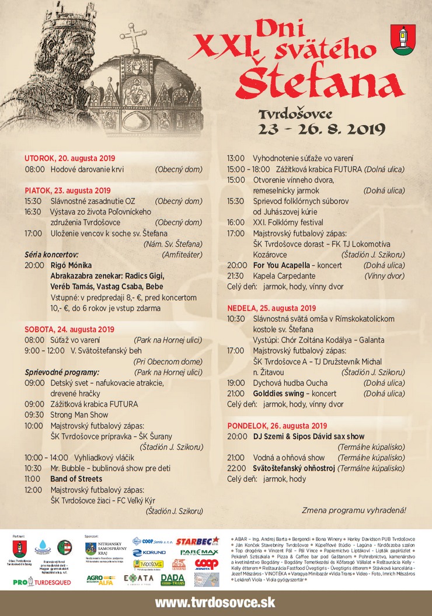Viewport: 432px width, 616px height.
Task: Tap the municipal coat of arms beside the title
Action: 403,40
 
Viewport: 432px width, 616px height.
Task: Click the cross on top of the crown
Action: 134,37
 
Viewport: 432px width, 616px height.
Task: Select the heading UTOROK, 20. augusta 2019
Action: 70,158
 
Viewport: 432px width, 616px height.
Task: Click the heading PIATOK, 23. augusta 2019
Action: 68,190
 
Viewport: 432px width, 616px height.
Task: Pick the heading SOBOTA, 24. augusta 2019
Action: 69,329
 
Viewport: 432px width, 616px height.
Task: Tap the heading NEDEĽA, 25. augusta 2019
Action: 271,308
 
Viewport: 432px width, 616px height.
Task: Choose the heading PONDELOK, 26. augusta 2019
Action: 277,426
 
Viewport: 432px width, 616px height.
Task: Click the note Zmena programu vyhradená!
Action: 354,510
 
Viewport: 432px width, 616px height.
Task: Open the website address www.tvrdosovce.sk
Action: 215,602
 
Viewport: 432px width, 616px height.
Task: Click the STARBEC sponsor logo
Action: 197,541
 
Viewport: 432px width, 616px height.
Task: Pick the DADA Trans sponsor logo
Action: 172,579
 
